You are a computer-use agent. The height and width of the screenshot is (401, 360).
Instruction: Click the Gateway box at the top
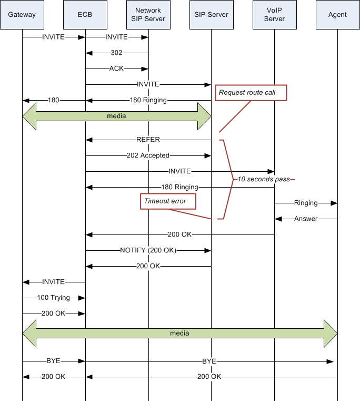tap(22, 15)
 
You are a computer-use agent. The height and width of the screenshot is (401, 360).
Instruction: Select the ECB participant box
tap(85, 15)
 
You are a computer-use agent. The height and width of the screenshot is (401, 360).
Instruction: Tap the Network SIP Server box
tap(148, 15)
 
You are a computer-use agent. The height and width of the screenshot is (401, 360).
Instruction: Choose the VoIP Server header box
tap(275, 15)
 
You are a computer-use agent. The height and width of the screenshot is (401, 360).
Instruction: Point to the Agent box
tap(338, 15)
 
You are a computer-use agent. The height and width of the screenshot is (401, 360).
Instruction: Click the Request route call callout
tap(251, 93)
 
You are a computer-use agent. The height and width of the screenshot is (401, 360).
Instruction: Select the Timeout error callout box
tap(168, 201)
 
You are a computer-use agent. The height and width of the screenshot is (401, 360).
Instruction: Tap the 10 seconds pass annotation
tap(264, 179)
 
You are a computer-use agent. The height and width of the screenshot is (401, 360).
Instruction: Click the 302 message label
tap(116, 53)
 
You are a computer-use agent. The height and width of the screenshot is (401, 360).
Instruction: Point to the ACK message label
tap(116, 69)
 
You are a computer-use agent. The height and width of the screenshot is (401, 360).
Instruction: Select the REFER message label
tap(148, 140)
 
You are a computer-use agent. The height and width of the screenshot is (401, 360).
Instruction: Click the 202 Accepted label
tap(148, 155)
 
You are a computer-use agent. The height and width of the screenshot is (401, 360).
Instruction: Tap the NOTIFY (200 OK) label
tap(148, 250)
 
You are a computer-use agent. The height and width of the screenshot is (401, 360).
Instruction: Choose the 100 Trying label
tap(53, 298)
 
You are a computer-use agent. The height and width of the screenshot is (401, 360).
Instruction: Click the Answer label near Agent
tap(306, 219)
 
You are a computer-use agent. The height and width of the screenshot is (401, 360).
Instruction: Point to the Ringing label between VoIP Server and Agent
tap(306, 203)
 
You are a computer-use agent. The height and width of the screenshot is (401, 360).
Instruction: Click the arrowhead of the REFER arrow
tap(89, 140)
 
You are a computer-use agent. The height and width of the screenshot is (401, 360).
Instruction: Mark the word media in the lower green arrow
tap(179, 333)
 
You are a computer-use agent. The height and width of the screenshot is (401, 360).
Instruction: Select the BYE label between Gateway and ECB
tap(53, 361)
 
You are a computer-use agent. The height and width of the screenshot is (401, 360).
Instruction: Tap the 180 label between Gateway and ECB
tap(53, 100)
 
